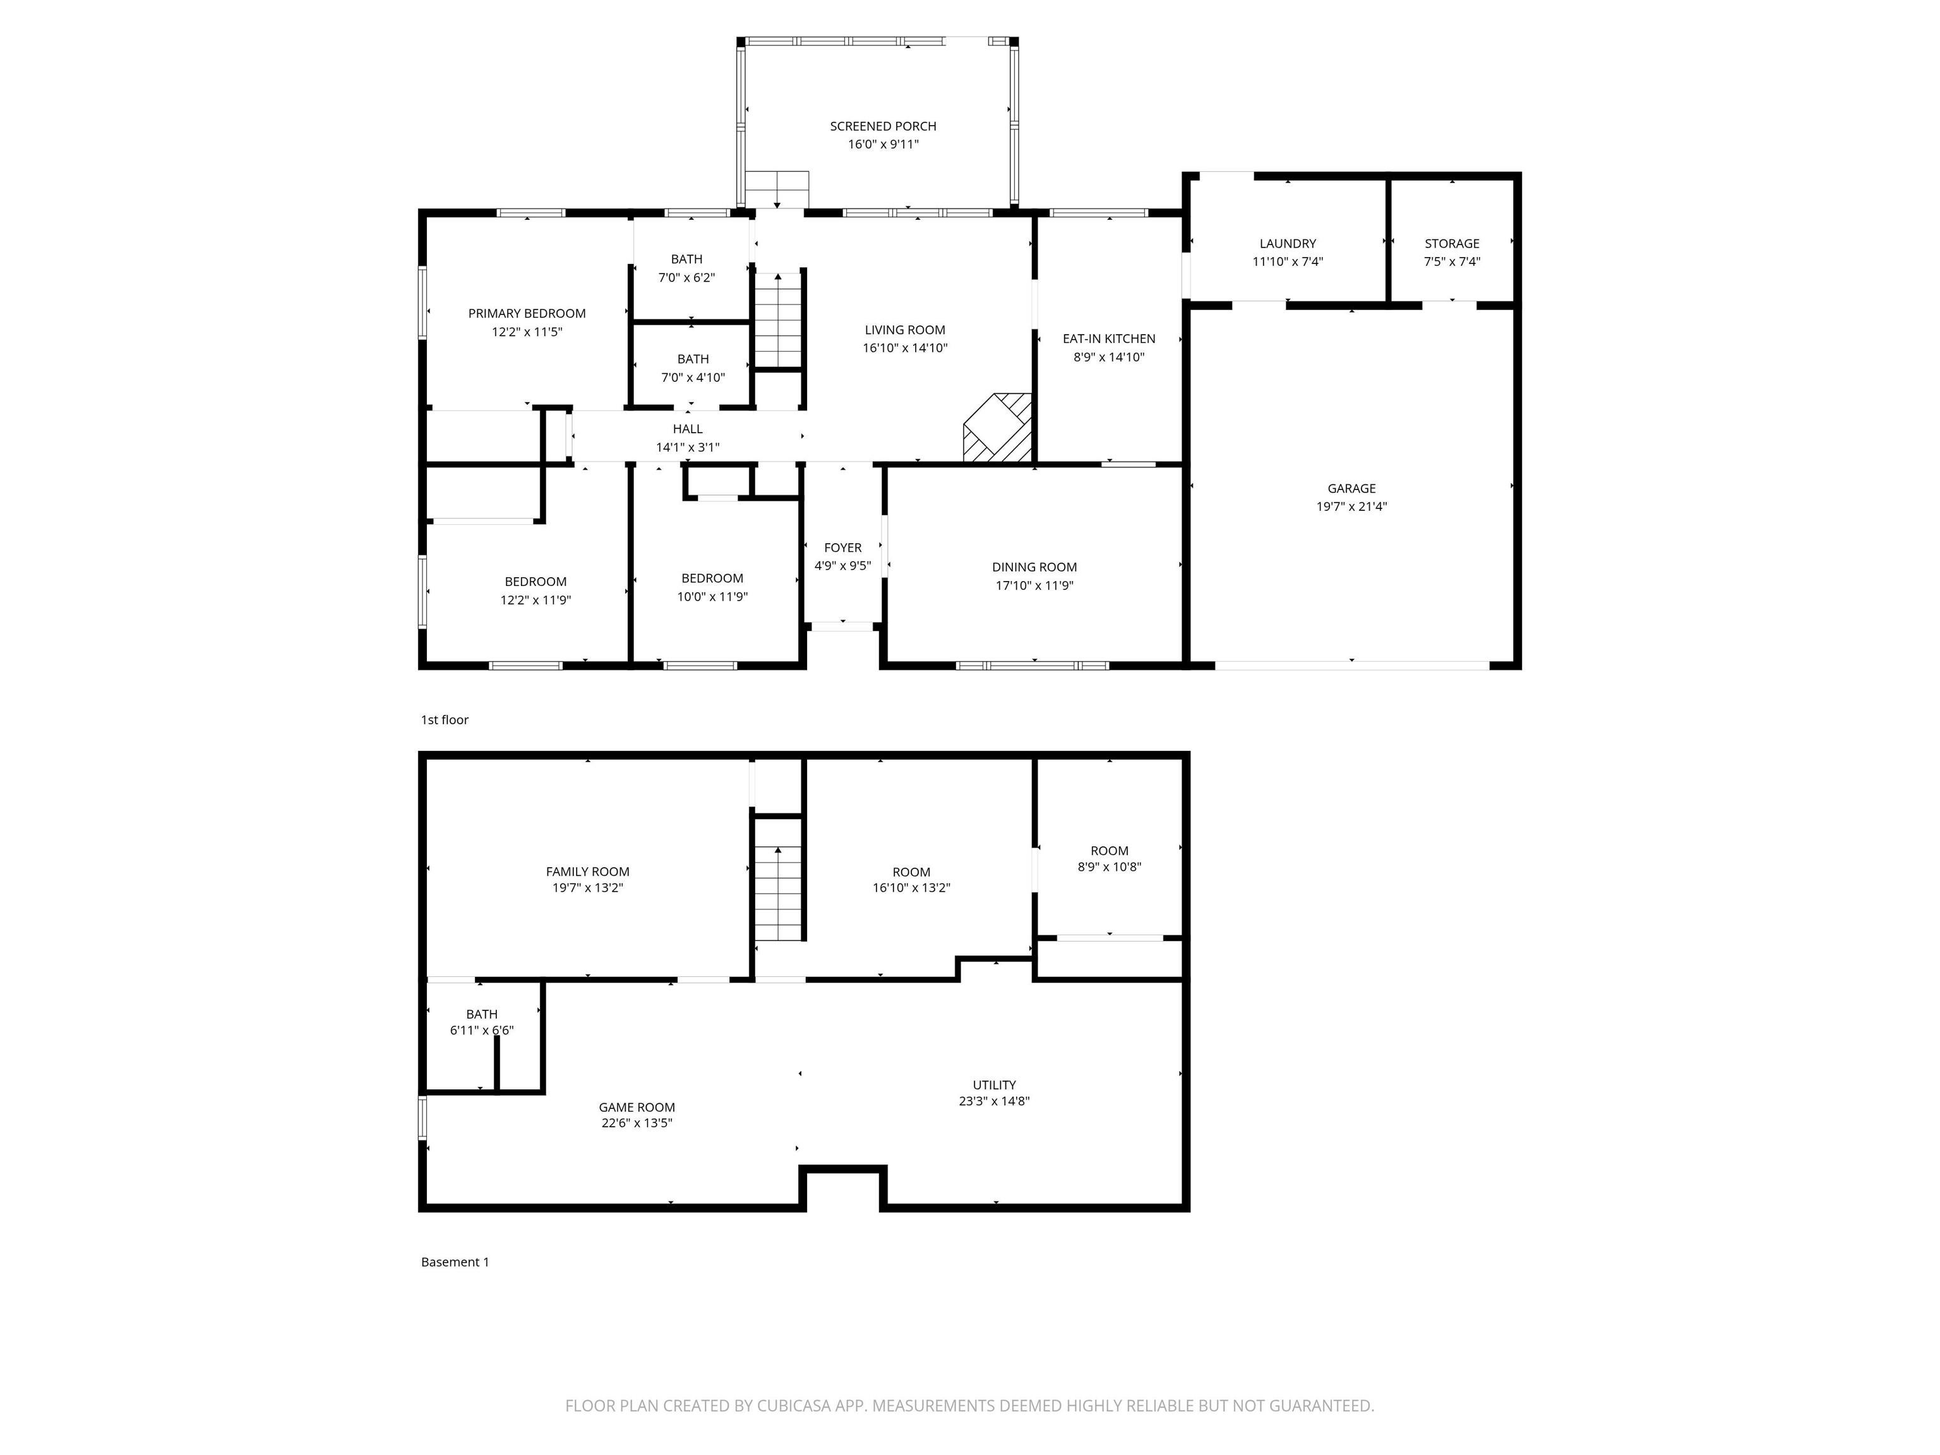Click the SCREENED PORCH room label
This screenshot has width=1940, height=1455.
click(x=883, y=126)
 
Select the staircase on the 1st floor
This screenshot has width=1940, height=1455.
click(x=778, y=320)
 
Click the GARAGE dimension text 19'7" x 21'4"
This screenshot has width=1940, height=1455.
click(x=1351, y=506)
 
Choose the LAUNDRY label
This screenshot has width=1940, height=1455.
click(x=1288, y=244)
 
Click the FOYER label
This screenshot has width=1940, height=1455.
click(x=843, y=548)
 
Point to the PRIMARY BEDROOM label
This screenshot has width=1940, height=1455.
click(x=527, y=314)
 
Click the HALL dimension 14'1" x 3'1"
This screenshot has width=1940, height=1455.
click(x=688, y=447)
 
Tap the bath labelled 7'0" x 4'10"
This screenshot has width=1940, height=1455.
click(x=693, y=368)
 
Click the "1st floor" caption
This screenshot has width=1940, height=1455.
click(x=445, y=720)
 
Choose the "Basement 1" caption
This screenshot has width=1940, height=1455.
click(x=455, y=1262)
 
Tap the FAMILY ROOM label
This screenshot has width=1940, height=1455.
click(x=587, y=871)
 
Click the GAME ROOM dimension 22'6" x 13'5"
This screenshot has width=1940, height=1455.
click(x=637, y=1123)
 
